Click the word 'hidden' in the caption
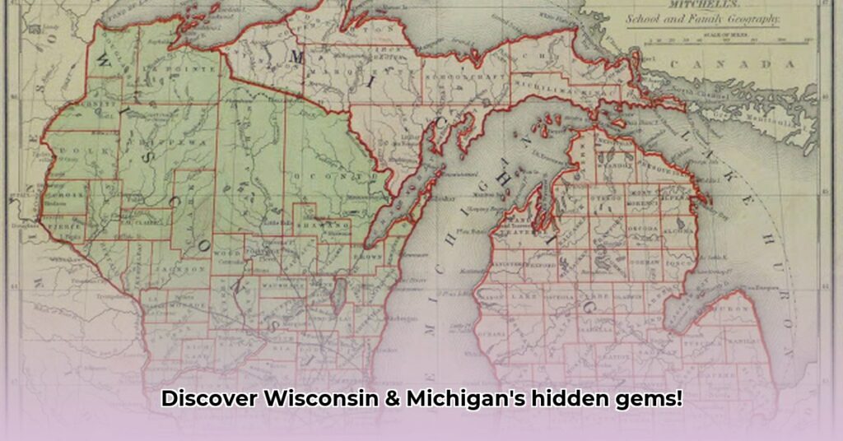point(562,399)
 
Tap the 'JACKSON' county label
point(188,269)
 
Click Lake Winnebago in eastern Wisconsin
point(338,293)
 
